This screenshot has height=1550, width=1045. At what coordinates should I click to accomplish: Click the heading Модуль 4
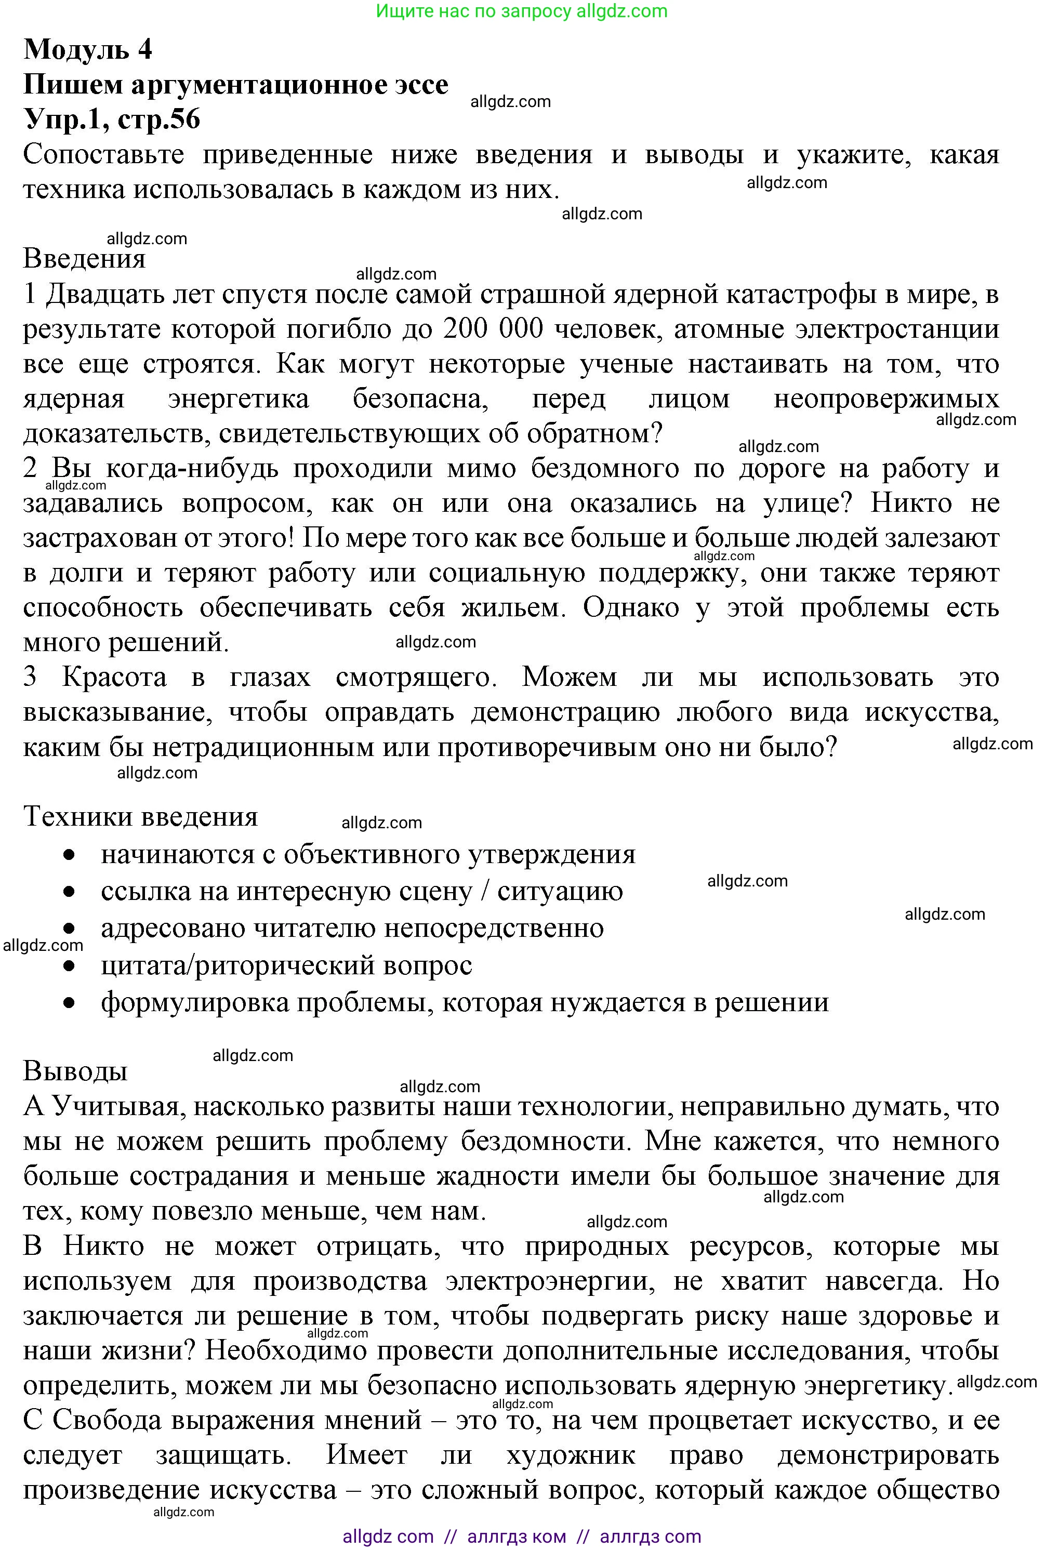[88, 50]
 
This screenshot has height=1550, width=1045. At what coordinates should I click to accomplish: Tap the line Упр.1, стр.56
[111, 120]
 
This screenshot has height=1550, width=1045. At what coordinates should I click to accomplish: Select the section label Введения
[84, 259]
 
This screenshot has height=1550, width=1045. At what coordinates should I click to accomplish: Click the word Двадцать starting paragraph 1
[103, 295]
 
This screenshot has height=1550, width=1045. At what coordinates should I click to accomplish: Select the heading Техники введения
[141, 817]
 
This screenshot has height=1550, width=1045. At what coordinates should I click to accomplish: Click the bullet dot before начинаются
[69, 855]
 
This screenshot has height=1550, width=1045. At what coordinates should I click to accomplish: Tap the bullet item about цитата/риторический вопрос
[286, 965]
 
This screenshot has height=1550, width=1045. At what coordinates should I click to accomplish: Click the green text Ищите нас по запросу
[473, 11]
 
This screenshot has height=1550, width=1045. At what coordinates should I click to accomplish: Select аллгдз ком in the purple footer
[517, 1536]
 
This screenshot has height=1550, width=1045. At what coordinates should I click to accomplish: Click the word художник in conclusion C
[571, 1455]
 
